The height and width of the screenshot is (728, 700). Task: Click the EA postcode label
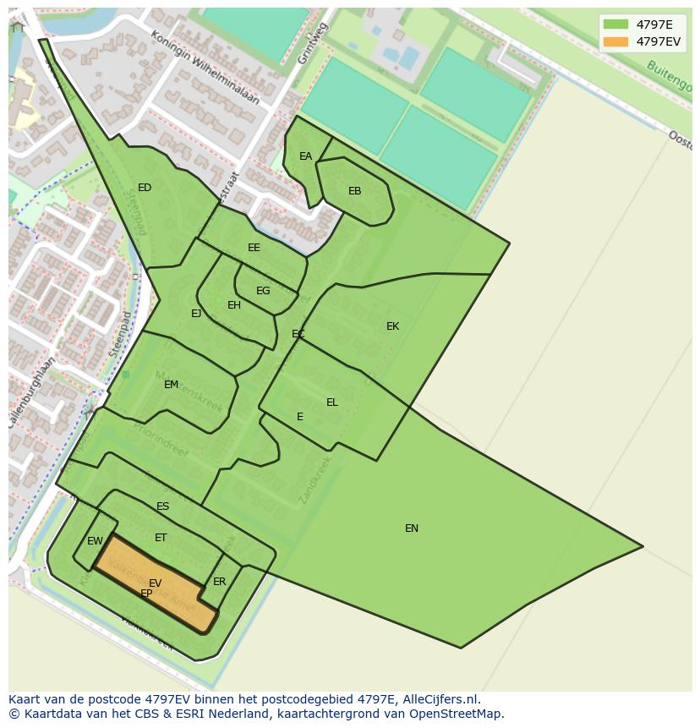click(306, 156)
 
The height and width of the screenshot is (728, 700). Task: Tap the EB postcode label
click(355, 191)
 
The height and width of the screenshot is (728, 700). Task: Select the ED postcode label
click(145, 188)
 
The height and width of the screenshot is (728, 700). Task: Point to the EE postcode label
click(254, 248)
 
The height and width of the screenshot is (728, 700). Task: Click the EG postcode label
click(263, 291)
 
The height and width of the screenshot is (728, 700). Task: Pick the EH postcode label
click(234, 305)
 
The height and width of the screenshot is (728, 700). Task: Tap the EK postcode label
click(392, 326)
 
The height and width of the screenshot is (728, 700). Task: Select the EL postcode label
click(332, 402)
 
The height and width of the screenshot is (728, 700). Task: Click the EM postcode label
click(172, 385)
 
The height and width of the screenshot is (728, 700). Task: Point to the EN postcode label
click(412, 528)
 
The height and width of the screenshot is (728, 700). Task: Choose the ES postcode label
click(163, 506)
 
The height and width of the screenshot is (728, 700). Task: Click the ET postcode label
click(161, 538)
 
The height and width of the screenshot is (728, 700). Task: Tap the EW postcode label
click(95, 541)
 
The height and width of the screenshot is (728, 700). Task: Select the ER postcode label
click(220, 582)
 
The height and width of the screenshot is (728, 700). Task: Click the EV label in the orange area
click(156, 583)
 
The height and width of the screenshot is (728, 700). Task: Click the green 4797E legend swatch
click(616, 25)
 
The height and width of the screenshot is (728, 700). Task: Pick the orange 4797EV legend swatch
click(616, 41)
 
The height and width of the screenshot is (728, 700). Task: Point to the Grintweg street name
click(311, 44)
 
